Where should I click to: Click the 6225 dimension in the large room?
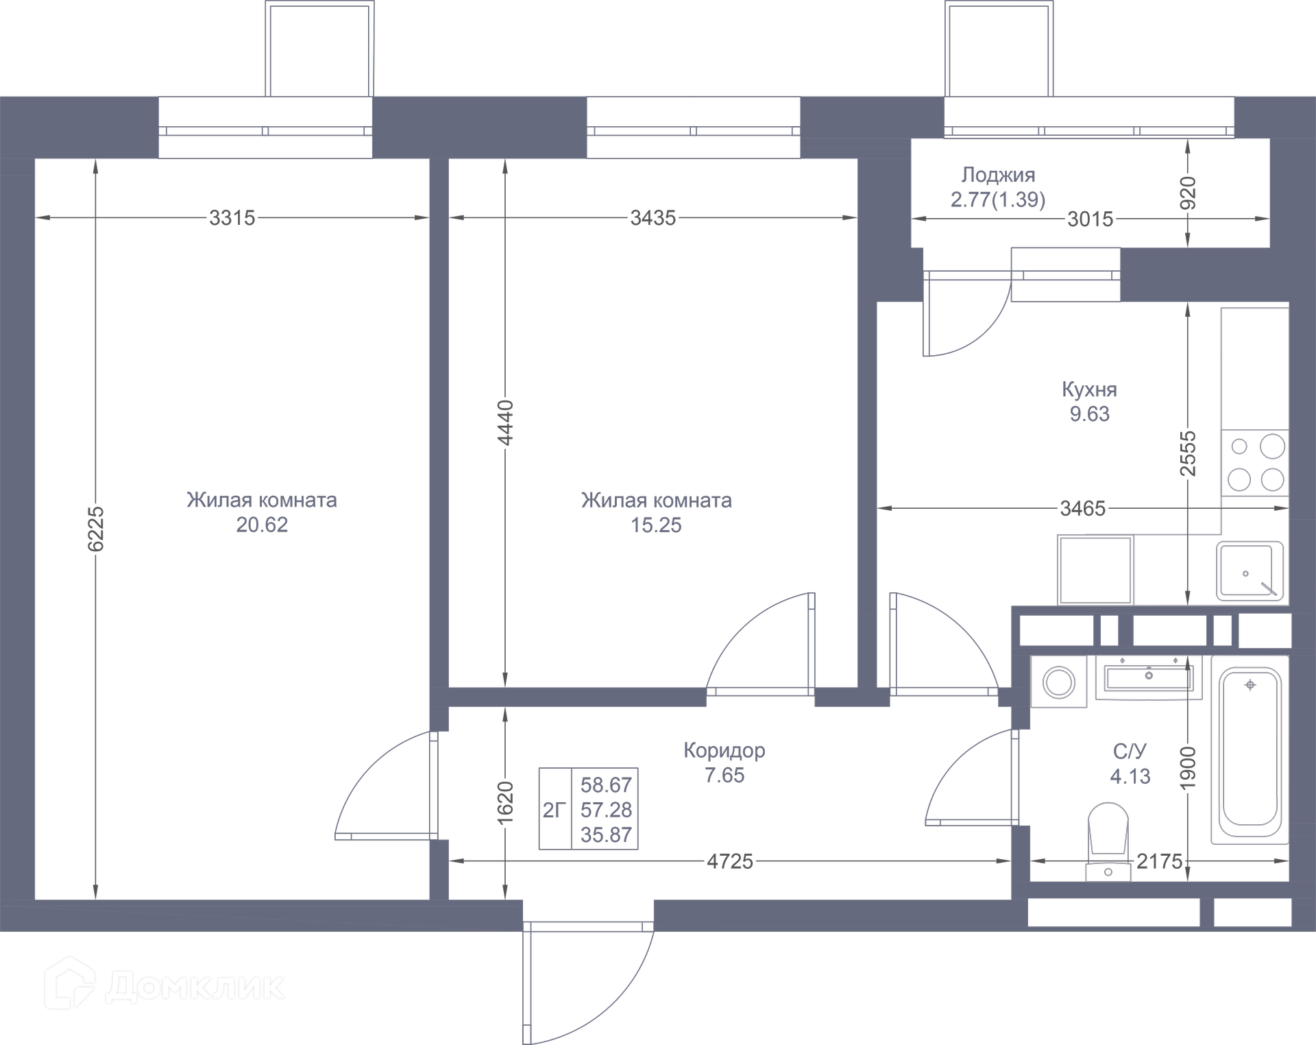(95, 529)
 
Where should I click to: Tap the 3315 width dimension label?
(232, 218)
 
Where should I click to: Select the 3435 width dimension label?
(653, 218)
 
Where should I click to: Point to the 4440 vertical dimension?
(505, 422)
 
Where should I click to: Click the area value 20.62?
(262, 525)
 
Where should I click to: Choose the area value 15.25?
(656, 525)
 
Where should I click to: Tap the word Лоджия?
(998, 176)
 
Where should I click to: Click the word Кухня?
(1089, 389)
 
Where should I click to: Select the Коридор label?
(724, 751)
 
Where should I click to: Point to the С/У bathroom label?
(1130, 752)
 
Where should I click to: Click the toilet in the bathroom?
(1108, 840)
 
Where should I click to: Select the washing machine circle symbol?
(1059, 683)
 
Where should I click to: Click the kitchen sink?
(1250, 571)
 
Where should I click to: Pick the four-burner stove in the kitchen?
(1255, 463)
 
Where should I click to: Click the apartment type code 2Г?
(555, 810)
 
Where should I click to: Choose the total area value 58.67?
(606, 785)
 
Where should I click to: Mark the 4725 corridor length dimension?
(730, 861)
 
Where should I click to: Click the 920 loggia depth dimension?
(1188, 193)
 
